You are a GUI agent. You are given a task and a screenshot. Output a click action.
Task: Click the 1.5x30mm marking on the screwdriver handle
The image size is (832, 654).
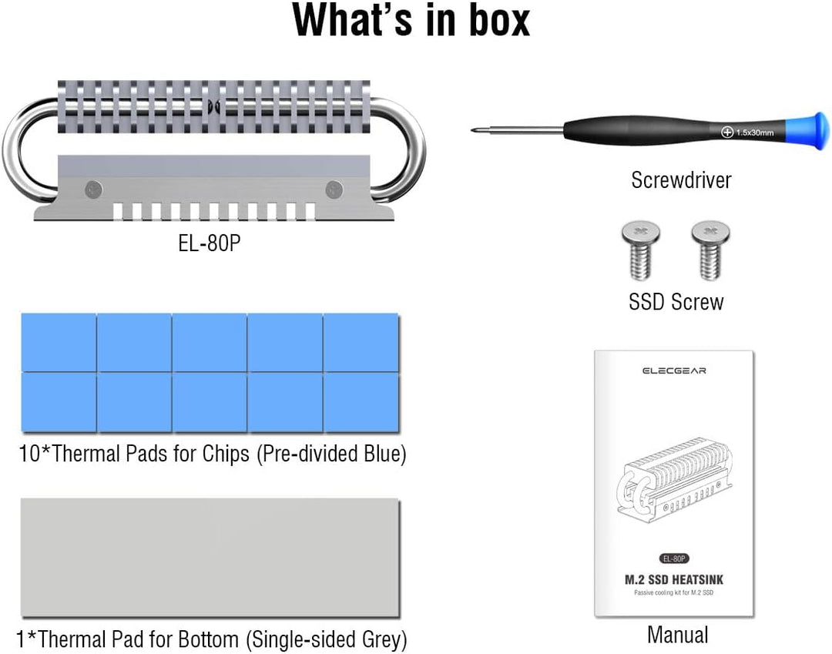coord(748,133)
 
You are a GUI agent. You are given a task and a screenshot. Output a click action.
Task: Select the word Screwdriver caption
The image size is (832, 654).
coord(681,180)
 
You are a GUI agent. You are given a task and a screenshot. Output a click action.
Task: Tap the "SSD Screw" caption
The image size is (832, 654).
coord(676,301)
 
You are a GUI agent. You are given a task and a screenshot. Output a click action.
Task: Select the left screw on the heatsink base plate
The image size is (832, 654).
coord(94,187)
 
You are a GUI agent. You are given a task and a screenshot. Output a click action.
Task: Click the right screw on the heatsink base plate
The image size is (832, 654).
coord(334,187)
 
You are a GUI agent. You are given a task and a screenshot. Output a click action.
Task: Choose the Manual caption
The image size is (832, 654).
coord(677,635)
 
